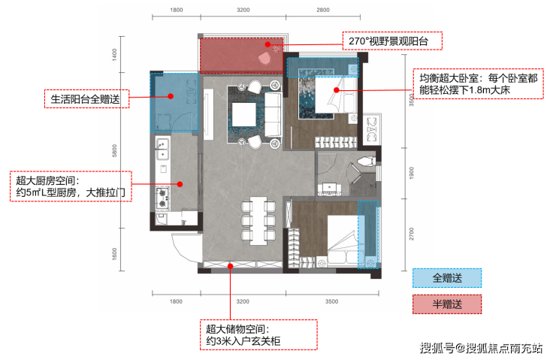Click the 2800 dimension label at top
[x=322, y=10]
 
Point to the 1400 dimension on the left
[x=114, y=55]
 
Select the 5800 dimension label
[x=114, y=151]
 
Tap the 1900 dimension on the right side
[x=411, y=173]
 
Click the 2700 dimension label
[x=411, y=234]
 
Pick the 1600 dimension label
[x=114, y=253]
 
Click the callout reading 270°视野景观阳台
[x=392, y=41]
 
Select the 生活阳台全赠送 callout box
[x=86, y=99]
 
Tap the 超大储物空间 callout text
[x=258, y=335]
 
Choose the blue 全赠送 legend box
[x=447, y=278]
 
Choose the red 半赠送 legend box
[x=447, y=304]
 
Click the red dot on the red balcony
[x=267, y=44]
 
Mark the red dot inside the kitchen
[x=180, y=184]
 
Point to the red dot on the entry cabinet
[x=230, y=266]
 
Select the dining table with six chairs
[x=258, y=221]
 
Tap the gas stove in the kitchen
[x=162, y=198]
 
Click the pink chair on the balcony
[x=264, y=59]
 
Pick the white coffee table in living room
[x=243, y=114]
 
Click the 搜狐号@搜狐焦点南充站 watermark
[x=481, y=348]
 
